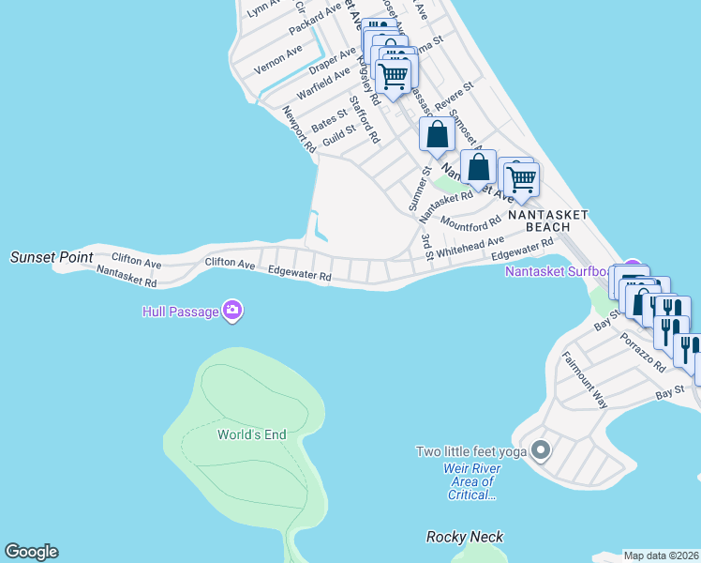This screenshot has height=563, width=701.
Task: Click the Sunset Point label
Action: coord(52,256)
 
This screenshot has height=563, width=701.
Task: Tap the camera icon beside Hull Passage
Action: coord(232,312)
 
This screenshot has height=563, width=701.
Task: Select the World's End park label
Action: coord(251,434)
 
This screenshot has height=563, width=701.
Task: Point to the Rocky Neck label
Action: coord(465,537)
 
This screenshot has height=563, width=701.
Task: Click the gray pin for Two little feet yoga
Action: coord(540,451)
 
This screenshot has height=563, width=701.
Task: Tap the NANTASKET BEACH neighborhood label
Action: coord(548,221)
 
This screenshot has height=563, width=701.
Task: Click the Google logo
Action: coord(31,552)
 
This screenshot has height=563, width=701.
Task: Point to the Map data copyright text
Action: coord(661,555)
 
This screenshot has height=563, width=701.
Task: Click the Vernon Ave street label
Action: coord(278,58)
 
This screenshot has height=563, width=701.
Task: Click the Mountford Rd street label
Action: coord(470,224)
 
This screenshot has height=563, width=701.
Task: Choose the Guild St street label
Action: coord(338,135)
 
